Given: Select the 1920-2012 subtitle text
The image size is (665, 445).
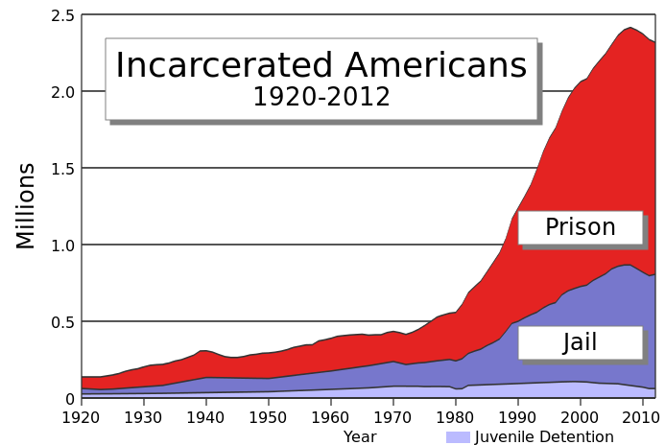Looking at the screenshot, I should (x=321, y=97).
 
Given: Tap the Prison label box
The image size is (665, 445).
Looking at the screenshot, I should (x=580, y=227).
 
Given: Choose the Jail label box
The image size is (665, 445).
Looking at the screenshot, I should (x=580, y=342).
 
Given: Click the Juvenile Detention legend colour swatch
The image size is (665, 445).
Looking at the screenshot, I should (x=458, y=437).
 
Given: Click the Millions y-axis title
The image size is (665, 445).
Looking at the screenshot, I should (x=26, y=206).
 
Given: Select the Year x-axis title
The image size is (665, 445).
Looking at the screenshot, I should (x=360, y=437).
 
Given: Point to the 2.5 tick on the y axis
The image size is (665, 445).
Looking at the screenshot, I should (x=64, y=15).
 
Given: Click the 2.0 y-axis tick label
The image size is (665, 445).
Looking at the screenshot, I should (x=64, y=92).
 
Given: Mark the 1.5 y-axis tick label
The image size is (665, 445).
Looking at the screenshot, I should (x=64, y=169).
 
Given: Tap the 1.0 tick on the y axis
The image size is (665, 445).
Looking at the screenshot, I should (x=64, y=246).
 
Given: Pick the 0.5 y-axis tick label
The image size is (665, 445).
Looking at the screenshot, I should (x=64, y=322).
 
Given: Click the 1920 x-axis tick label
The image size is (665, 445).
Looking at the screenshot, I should (x=82, y=418).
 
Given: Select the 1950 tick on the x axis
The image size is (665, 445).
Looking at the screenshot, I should (x=269, y=418).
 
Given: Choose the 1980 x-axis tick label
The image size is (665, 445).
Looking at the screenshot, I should (x=455, y=418).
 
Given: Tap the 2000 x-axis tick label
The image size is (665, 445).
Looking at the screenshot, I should (x=580, y=418).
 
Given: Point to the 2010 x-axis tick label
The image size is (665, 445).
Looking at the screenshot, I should (x=641, y=418).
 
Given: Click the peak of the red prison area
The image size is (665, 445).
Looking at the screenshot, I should (x=629, y=28).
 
